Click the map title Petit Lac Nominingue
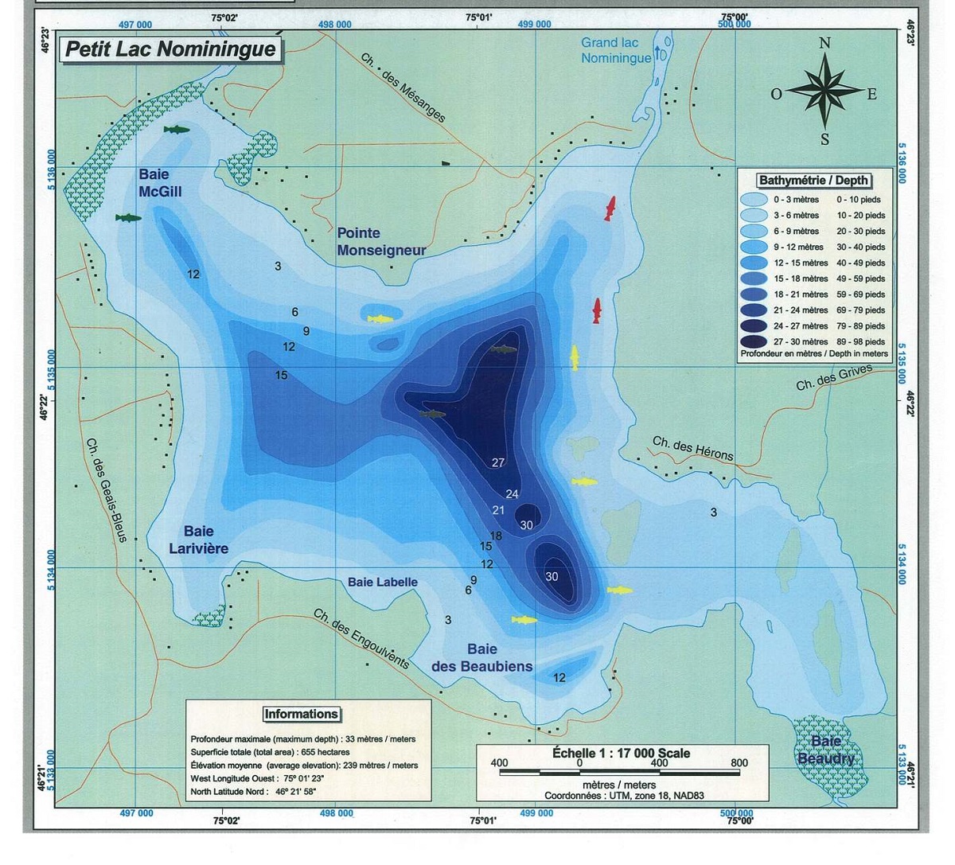click(x=170, y=49)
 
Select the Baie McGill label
click(x=160, y=182)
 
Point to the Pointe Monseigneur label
click(x=381, y=241)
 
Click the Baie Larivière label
click(x=198, y=540)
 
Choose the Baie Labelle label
click(x=382, y=582)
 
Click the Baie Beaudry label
click(x=826, y=750)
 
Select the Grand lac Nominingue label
click(x=616, y=50)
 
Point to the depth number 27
click(x=498, y=462)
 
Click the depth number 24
click(x=512, y=494)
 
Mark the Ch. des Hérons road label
click(x=692, y=448)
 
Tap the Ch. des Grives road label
click(x=834, y=377)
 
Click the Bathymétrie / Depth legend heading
click(x=813, y=181)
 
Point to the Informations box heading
click(x=301, y=714)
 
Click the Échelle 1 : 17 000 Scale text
click(x=622, y=753)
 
